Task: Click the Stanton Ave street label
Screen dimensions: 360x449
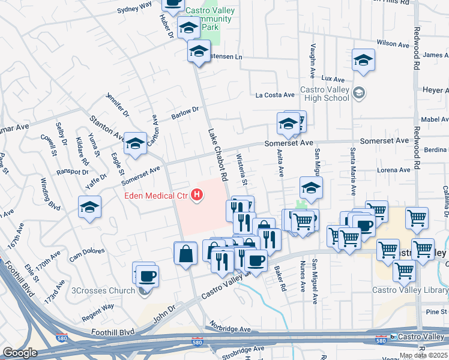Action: (106, 128)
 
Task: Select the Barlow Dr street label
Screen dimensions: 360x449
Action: (185, 112)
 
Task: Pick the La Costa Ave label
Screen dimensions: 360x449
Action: (276, 95)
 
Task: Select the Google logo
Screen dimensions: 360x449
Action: (20, 353)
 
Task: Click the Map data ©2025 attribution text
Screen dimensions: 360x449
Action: (423, 355)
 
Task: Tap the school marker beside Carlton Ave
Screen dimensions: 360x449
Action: (135, 144)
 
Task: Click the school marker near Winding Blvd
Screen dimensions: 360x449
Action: (89, 208)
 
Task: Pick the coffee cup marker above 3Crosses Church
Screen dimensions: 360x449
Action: (146, 276)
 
